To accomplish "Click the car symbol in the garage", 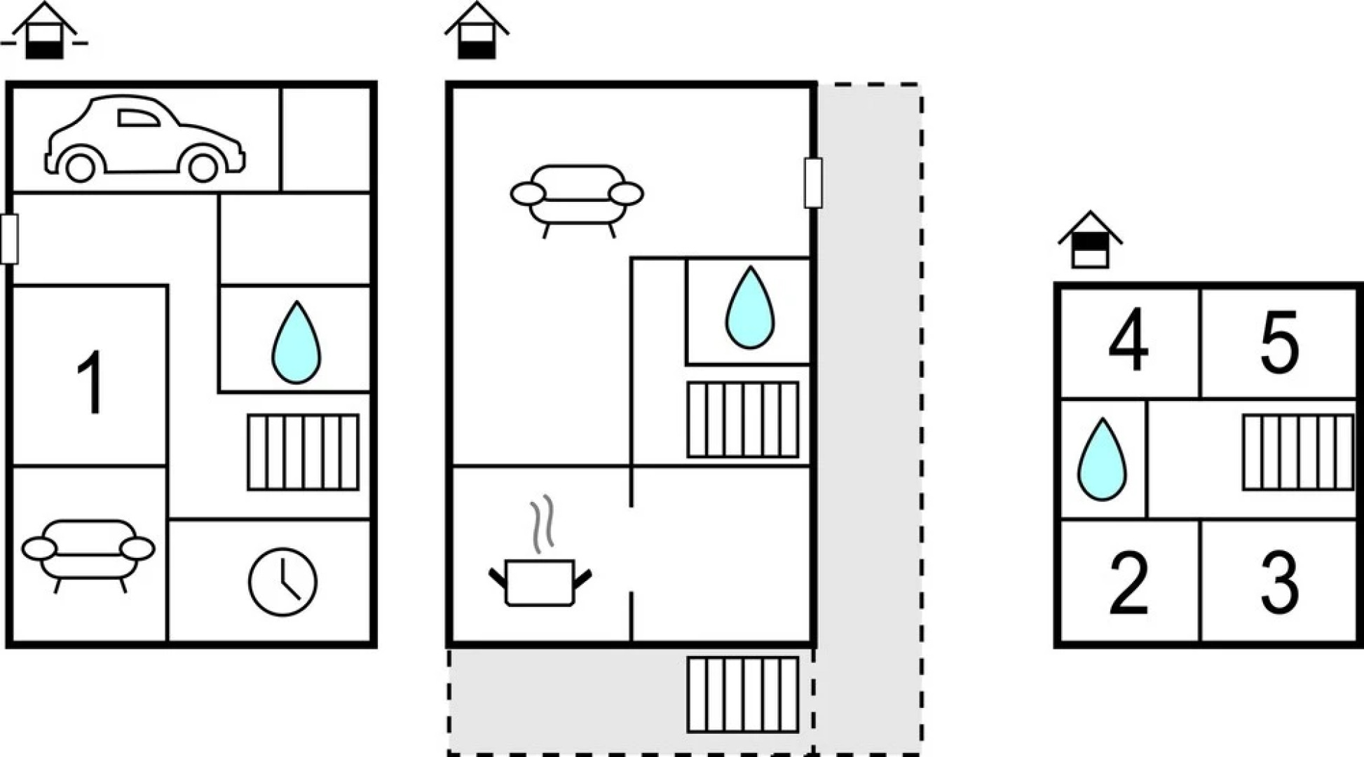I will (144, 139).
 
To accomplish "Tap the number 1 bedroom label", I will (90, 382).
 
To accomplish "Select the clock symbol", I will (282, 582).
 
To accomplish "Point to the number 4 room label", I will (1128, 342).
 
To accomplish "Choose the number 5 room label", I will (1279, 342).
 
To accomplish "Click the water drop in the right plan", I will (1102, 461).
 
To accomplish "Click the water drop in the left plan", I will (296, 343).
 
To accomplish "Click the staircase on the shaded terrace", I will (742, 694).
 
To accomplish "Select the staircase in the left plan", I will (303, 452).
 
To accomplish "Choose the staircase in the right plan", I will (1297, 452).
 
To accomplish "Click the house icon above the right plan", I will (1090, 242).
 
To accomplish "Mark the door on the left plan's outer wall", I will (9, 239).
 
